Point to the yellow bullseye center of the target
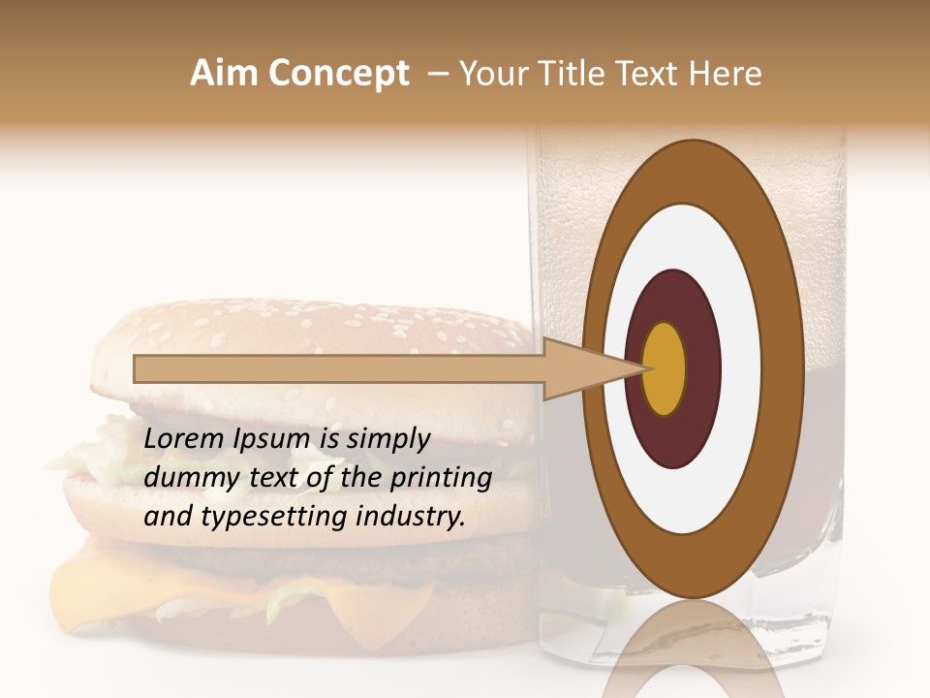(x=665, y=368)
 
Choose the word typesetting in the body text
(x=254, y=518)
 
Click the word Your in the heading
(x=489, y=74)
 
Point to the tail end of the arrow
(x=138, y=368)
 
